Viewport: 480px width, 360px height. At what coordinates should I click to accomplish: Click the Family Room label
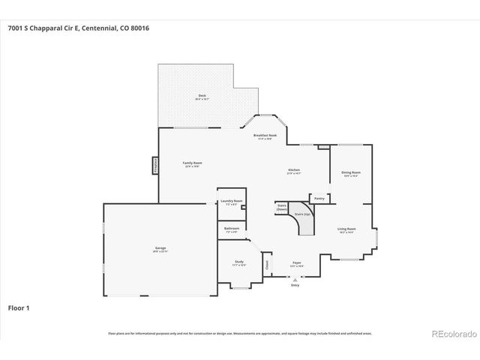[x=193, y=163]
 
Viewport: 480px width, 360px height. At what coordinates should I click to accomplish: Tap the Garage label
[x=160, y=247]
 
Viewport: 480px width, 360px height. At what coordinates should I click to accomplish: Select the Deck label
[x=202, y=95]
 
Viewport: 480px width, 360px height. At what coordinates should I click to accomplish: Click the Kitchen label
[x=294, y=170]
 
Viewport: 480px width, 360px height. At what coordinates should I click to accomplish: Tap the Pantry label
[x=319, y=199]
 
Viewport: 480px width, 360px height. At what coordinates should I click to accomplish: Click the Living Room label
[x=346, y=229]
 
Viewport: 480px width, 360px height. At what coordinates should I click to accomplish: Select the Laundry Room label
[x=231, y=201]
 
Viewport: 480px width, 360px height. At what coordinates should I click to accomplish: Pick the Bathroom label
[x=232, y=228]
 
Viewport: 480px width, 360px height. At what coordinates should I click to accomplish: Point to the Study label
[x=238, y=262]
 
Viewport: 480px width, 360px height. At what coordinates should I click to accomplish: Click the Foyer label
[x=297, y=263]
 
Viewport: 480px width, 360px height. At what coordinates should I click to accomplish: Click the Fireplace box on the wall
[x=155, y=165]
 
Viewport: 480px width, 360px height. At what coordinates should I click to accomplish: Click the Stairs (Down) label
[x=283, y=206]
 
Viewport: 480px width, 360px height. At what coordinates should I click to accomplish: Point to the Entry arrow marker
[x=295, y=278]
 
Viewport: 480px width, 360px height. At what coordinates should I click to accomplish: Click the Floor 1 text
[x=19, y=307]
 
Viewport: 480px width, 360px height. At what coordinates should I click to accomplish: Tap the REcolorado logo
[x=451, y=333]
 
